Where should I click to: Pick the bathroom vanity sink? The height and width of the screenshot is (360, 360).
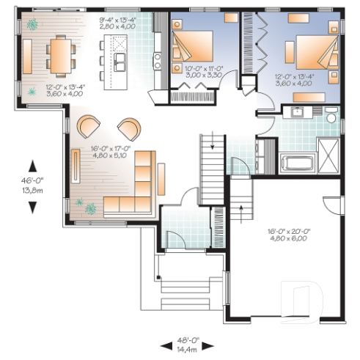pos(296,113)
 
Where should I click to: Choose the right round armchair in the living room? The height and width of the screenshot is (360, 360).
pos(129,128)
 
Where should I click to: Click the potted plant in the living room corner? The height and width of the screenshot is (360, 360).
pos(90,209)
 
